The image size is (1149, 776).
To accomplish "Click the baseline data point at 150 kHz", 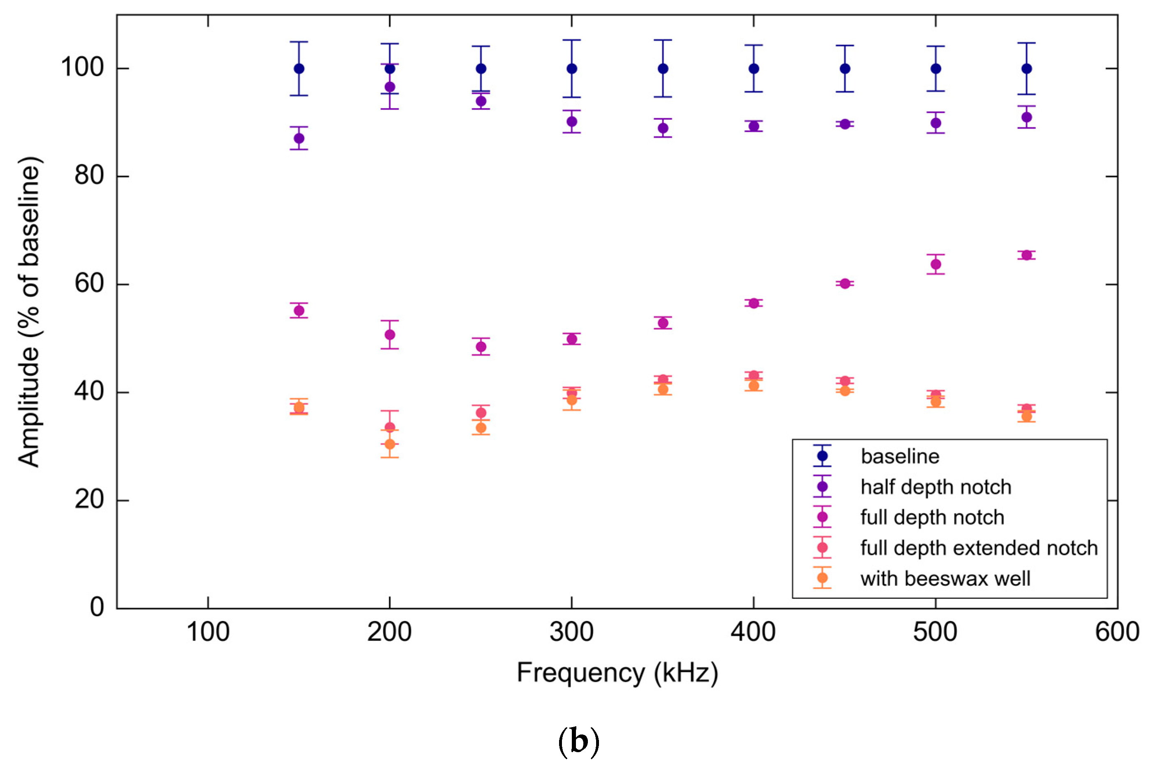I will pyautogui.click(x=299, y=69).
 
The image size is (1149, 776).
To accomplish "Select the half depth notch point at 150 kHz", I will pyautogui.click(x=299, y=138).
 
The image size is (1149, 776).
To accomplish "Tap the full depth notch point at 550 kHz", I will pyautogui.click(x=1026, y=255).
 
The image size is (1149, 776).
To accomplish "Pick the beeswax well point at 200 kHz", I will pyautogui.click(x=390, y=444).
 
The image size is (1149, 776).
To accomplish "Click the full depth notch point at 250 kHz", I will pyautogui.click(x=480, y=347).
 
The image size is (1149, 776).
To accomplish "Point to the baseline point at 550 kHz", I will pyautogui.click(x=1026, y=69).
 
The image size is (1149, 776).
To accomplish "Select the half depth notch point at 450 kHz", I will pyautogui.click(x=845, y=124).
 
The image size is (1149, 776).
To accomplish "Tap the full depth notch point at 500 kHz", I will pyautogui.click(x=935, y=264).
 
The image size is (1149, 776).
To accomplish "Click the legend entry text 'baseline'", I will pyautogui.click(x=900, y=456).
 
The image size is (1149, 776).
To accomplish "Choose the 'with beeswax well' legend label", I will pyautogui.click(x=945, y=578).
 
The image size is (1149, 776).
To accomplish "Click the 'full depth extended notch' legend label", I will pyautogui.click(x=979, y=548).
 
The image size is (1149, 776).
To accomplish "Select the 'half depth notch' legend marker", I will pyautogui.click(x=822, y=487).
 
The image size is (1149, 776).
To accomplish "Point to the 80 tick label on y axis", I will pyautogui.click(x=89, y=176).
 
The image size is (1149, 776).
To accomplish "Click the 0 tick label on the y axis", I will pyautogui.click(x=97, y=607).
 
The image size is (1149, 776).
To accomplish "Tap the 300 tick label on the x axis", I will pyautogui.click(x=571, y=632).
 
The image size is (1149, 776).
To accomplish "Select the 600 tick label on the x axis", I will pyautogui.click(x=1117, y=632).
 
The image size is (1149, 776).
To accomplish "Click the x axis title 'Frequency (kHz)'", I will pyautogui.click(x=617, y=673).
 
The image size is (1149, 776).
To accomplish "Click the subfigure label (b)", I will pyautogui.click(x=578, y=741).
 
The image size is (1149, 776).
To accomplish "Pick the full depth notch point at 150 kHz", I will pyautogui.click(x=299, y=311).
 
